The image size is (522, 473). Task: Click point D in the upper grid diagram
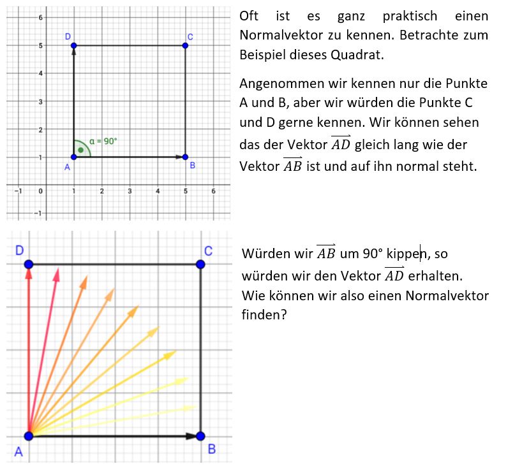(x=74, y=45)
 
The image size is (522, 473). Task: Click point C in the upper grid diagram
(x=185, y=45)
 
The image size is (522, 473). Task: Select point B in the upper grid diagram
(x=185, y=157)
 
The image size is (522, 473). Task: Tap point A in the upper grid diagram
(x=74, y=157)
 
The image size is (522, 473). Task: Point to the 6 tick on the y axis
(x=40, y=17)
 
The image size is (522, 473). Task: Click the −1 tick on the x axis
(x=19, y=191)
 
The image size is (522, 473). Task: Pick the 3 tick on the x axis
(x=130, y=191)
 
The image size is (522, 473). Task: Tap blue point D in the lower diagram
(x=28, y=264)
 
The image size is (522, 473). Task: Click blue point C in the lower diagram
(x=200, y=264)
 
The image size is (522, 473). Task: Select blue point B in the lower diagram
(x=200, y=436)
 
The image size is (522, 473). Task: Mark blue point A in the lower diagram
(x=28, y=436)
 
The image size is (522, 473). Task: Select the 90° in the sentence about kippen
(x=371, y=254)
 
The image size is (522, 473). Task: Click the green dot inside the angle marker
(x=81, y=150)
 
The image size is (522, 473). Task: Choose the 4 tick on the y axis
(x=40, y=73)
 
